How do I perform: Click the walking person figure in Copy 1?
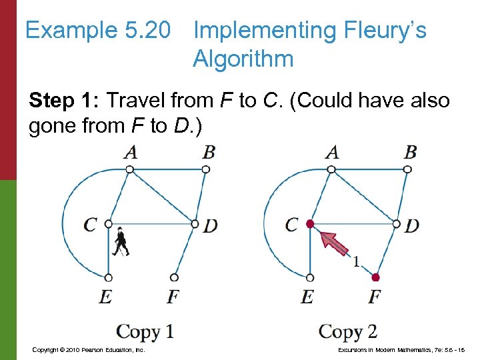click(x=121, y=242)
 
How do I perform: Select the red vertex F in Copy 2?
click(x=376, y=277)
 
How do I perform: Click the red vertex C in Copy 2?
click(x=310, y=224)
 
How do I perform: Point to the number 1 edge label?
click(x=357, y=262)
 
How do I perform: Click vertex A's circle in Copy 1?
click(x=130, y=169)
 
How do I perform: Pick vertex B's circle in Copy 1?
click(x=206, y=169)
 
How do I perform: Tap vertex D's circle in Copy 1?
click(x=195, y=224)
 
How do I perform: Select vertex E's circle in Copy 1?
click(x=109, y=277)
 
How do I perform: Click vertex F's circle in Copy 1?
click(x=174, y=277)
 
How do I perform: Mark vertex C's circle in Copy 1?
click(x=109, y=224)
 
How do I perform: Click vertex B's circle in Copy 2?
click(x=407, y=169)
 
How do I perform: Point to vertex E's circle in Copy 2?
click(x=310, y=277)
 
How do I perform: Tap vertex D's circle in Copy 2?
click(x=397, y=224)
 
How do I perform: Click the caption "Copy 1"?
click(x=145, y=331)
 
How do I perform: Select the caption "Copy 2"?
click(x=347, y=331)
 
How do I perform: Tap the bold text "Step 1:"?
click(x=64, y=101)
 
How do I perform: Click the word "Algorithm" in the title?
click(x=243, y=59)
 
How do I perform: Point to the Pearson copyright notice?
click(x=88, y=349)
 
